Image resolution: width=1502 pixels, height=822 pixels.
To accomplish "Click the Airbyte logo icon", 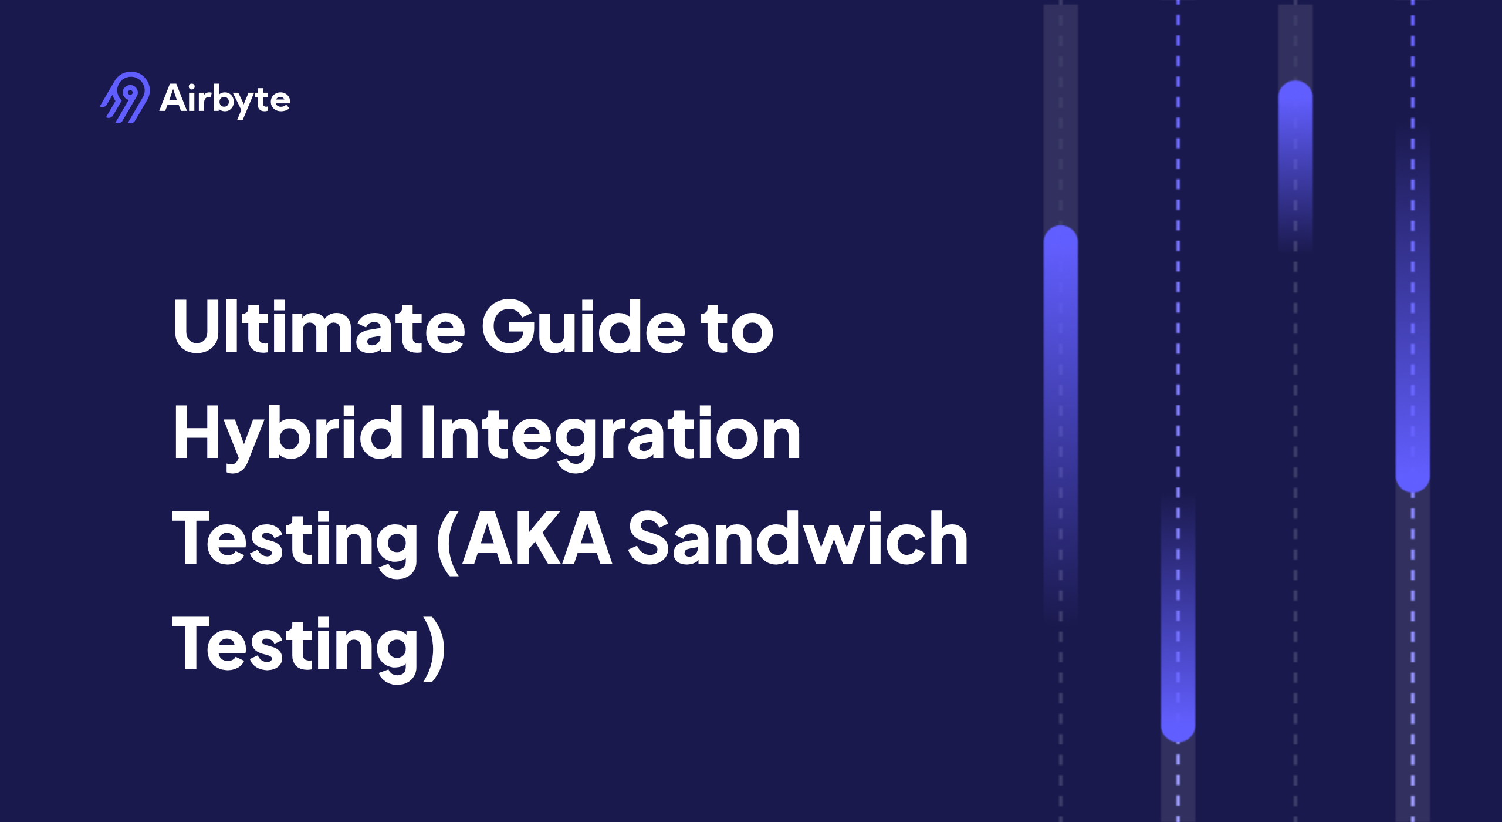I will pos(125,97).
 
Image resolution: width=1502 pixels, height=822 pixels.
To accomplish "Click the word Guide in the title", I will pos(583,326).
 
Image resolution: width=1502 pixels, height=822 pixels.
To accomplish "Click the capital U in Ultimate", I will pos(196,326).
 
